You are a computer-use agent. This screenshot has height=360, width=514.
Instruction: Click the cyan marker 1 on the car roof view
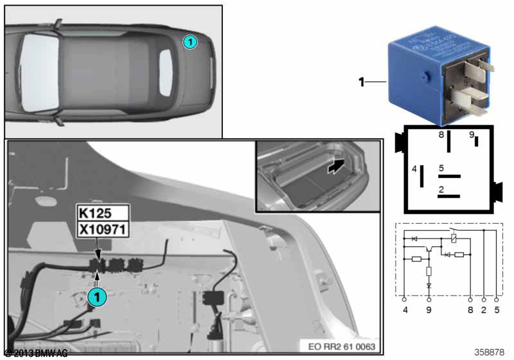click(190, 42)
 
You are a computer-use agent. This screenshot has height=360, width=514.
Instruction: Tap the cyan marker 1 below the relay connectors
click(97, 297)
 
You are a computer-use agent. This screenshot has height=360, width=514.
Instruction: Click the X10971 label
click(103, 229)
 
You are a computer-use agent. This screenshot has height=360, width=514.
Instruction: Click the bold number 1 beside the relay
click(362, 82)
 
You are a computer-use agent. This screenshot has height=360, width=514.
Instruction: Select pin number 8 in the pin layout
click(441, 135)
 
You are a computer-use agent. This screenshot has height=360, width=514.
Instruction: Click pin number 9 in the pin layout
click(471, 135)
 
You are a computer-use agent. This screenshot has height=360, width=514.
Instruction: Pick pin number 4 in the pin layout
click(414, 169)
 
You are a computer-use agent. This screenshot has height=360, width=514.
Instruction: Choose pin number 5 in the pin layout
click(441, 168)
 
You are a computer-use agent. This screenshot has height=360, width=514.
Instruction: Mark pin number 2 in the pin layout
click(441, 189)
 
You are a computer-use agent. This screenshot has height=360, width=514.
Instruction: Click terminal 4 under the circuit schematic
click(404, 310)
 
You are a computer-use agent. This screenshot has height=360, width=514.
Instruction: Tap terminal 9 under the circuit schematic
click(429, 310)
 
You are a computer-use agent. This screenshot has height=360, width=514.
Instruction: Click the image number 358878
click(489, 352)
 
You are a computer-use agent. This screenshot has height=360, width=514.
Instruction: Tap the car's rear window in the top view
click(166, 69)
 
